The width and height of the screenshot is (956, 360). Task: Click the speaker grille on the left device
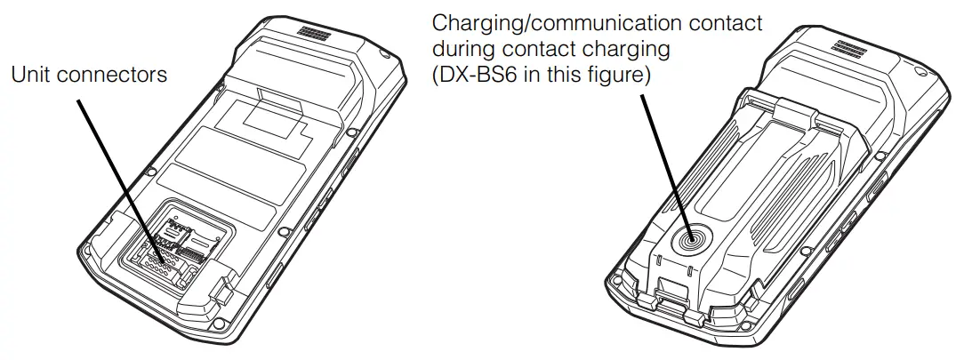point(312,33)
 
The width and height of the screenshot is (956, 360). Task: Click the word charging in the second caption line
point(623,50)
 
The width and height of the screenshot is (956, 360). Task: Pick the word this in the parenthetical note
point(572,76)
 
